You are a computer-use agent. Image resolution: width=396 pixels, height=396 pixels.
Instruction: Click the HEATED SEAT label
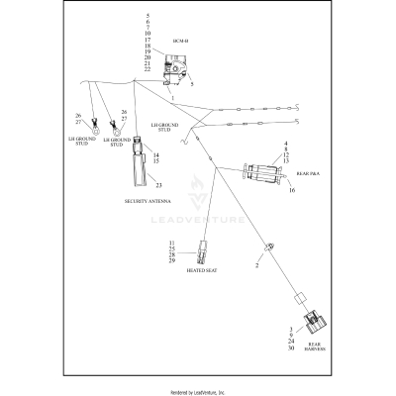coord(202,269)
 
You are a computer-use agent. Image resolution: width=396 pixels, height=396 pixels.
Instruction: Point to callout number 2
coord(256,265)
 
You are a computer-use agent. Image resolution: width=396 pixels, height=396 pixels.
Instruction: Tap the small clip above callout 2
coord(266,247)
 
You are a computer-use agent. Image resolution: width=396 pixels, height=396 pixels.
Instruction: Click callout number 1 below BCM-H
coord(172,100)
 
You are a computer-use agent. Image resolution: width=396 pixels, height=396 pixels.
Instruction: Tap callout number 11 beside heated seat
coord(170,242)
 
